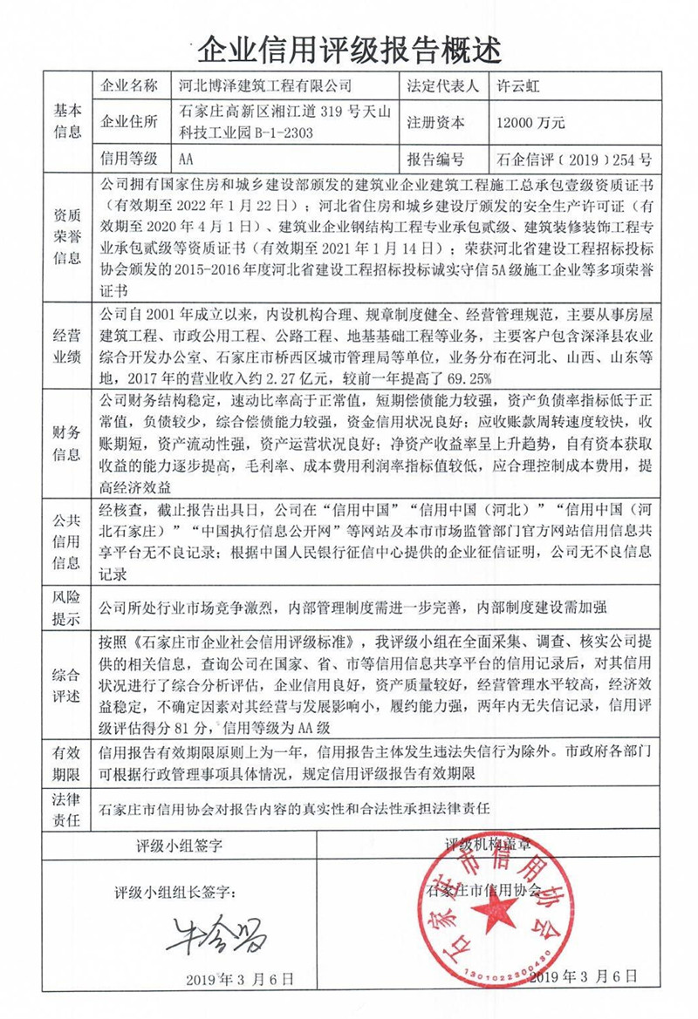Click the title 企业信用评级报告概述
click(x=349, y=50)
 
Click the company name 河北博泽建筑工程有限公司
click(x=264, y=85)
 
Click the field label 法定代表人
click(x=443, y=85)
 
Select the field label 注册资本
click(x=436, y=122)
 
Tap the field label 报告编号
click(x=436, y=160)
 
